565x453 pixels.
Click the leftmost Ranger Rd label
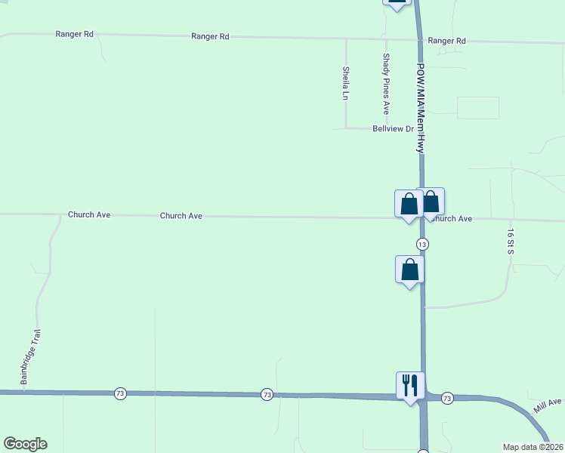[x=74, y=35]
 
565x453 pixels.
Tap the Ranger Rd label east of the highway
[x=446, y=41]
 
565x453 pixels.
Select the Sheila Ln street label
[x=345, y=83]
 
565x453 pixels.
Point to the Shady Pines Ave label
[x=386, y=83]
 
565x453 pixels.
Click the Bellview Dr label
[x=394, y=129]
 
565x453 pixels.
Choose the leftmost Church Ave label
[x=89, y=214]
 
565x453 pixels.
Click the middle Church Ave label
[x=181, y=216]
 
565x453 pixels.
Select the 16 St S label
[x=511, y=241]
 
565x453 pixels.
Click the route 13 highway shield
[x=422, y=244]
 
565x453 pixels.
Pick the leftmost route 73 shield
[x=119, y=393]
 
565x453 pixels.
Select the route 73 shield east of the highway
[x=447, y=398]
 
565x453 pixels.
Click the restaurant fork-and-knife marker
[x=410, y=385]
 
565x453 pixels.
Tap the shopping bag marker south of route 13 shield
[x=409, y=270]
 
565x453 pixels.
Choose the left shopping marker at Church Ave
[x=409, y=204]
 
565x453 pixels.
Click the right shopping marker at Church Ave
[x=431, y=202]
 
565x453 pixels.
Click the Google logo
[x=25, y=444]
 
